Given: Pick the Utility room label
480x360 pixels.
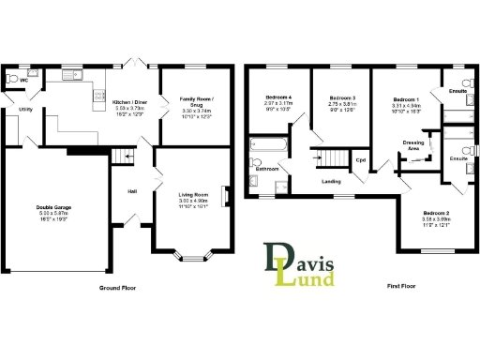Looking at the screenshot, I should [x=23, y=109].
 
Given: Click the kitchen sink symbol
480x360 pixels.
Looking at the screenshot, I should [x=72, y=75].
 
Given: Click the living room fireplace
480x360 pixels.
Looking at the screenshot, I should [x=223, y=196].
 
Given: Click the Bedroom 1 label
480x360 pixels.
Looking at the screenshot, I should [x=405, y=99].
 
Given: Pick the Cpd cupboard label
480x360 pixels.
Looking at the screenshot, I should [x=359, y=159].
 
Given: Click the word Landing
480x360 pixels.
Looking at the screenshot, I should [x=330, y=181].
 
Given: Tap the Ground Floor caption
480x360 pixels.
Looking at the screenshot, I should [x=117, y=288].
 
